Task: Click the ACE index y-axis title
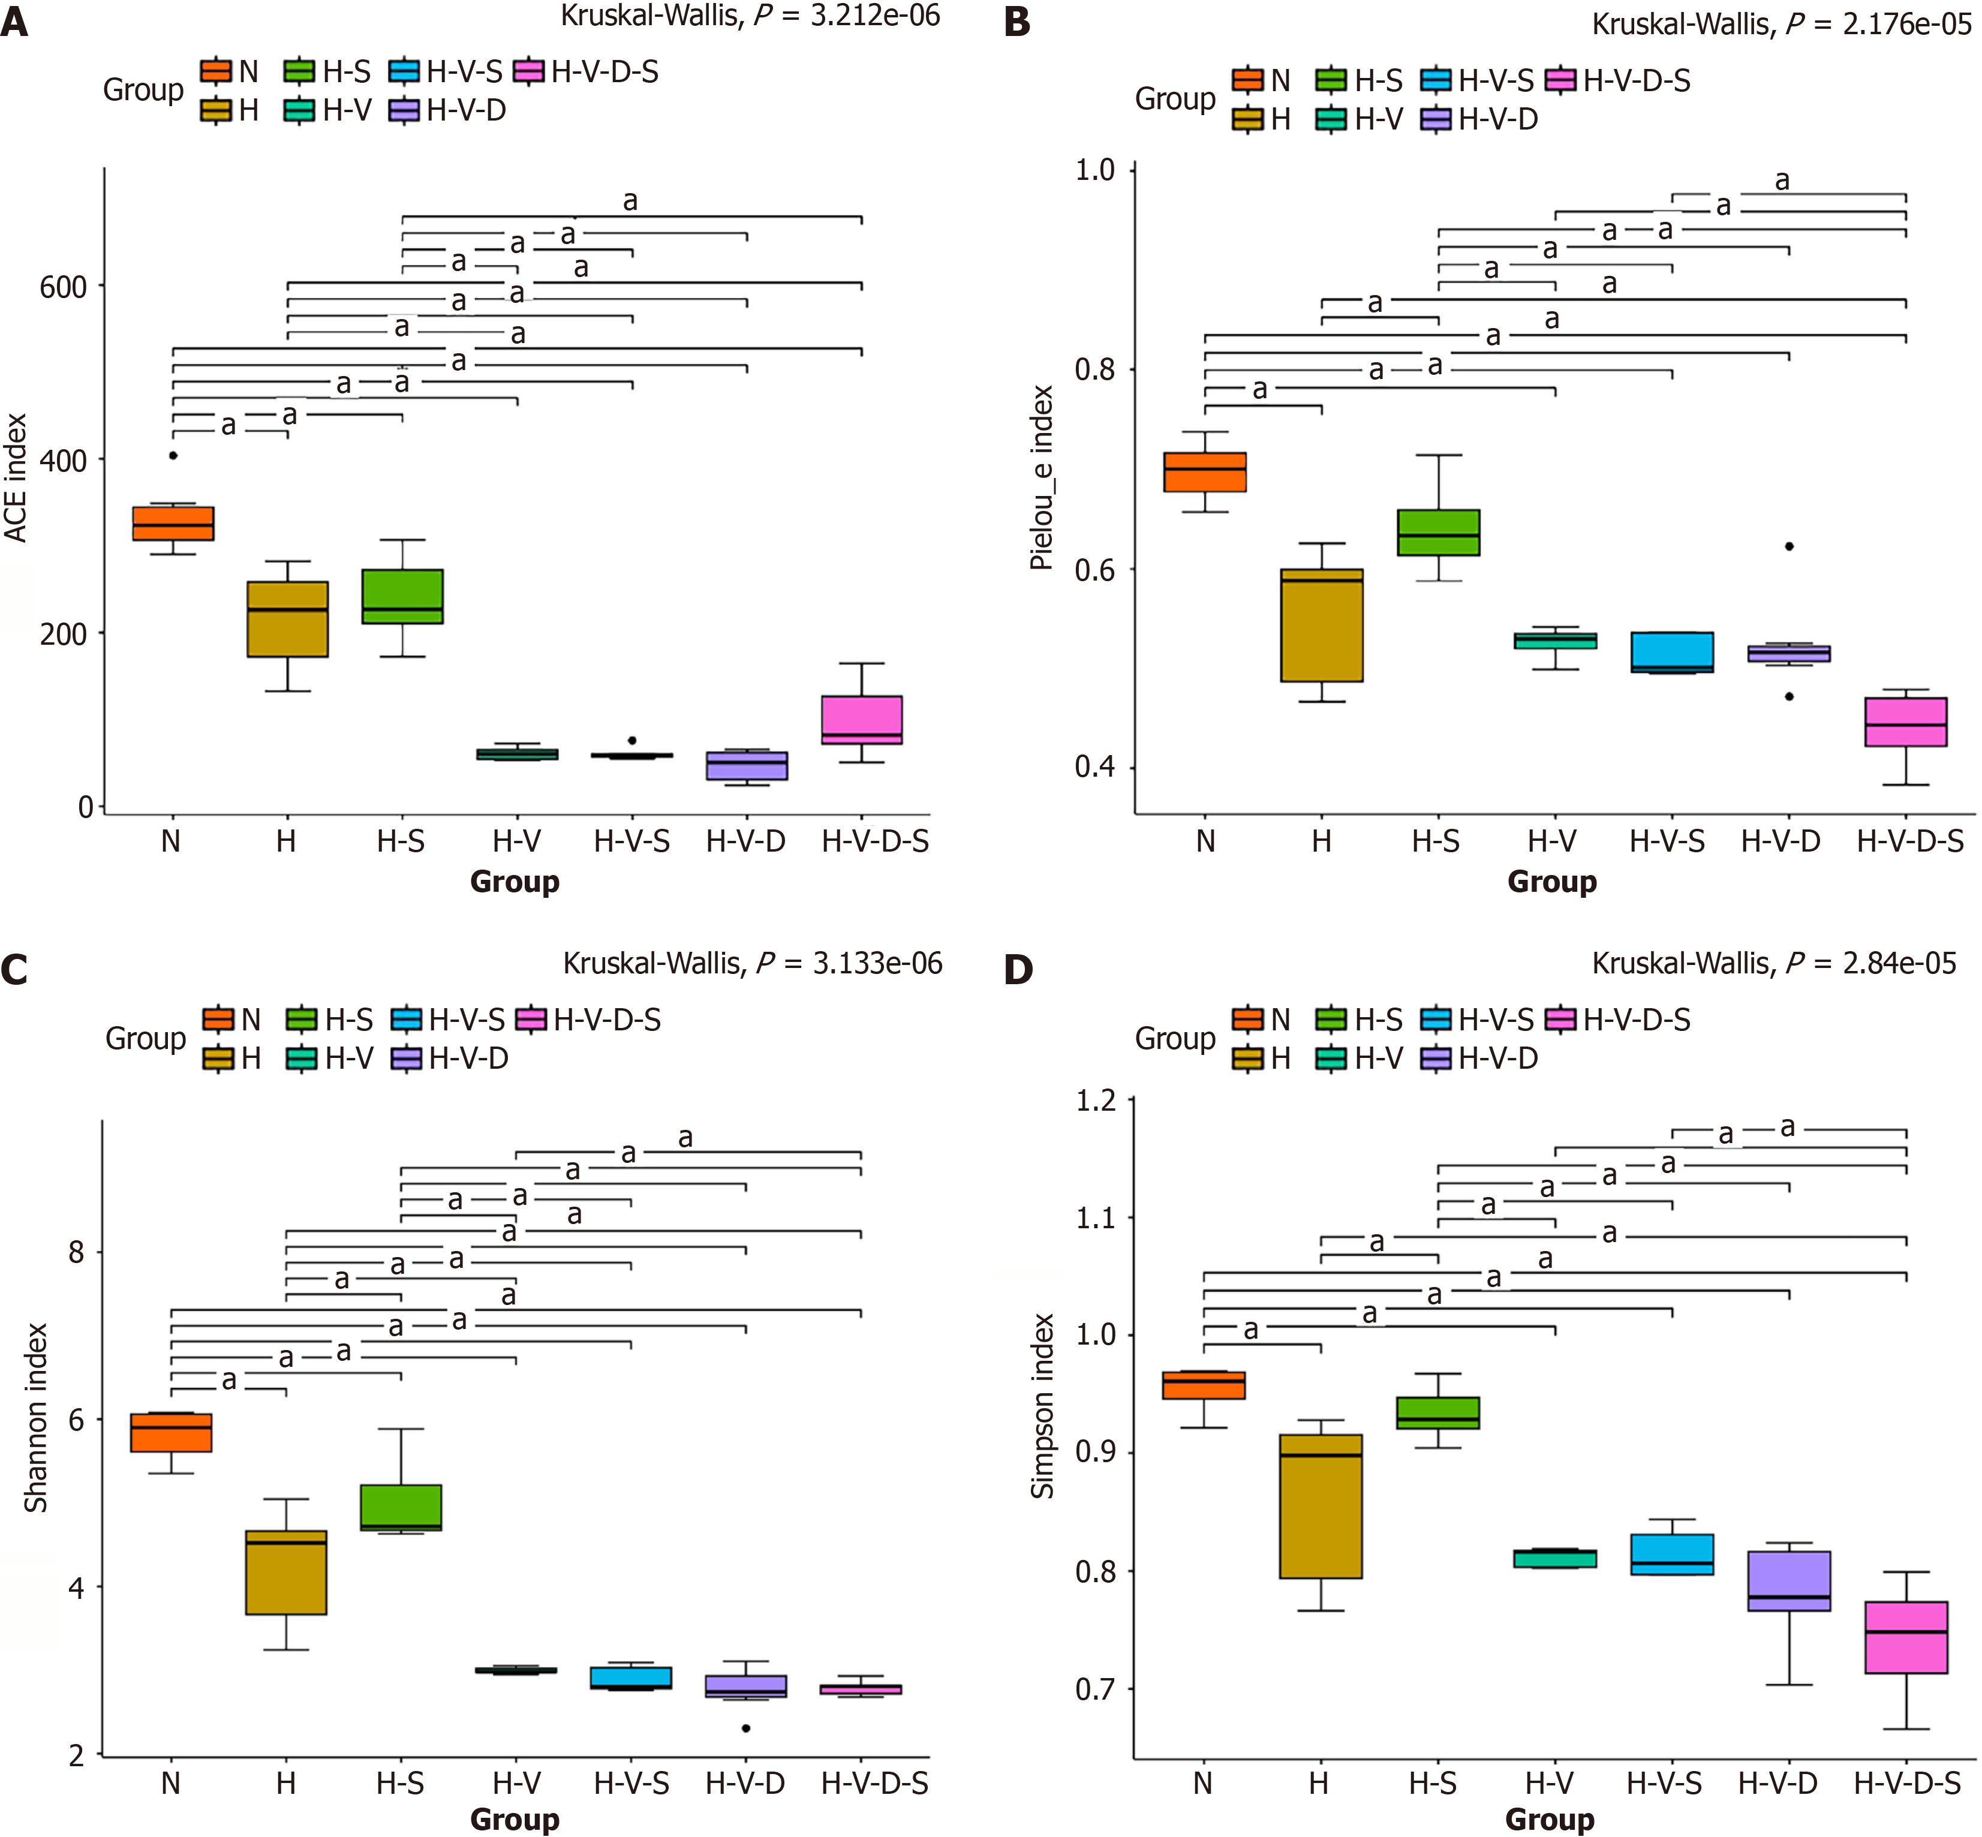click(16, 478)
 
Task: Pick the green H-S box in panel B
click(1438, 533)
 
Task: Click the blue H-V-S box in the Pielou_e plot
click(1672, 652)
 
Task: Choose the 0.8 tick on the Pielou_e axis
click(1094, 370)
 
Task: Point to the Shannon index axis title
click(36, 1418)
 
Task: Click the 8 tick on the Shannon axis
click(77, 1252)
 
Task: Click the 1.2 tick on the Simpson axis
click(1096, 1101)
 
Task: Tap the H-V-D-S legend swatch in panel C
click(532, 1020)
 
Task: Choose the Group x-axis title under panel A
click(515, 882)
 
